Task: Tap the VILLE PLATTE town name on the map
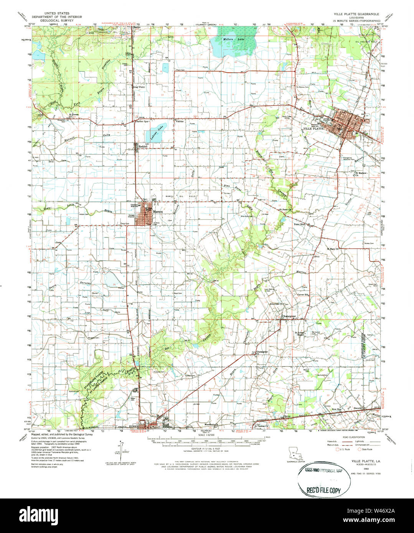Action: click(x=314, y=128)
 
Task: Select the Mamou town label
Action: click(x=158, y=212)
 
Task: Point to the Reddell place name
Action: click(x=143, y=146)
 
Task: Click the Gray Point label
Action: click(x=139, y=87)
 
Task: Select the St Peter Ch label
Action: click(x=285, y=210)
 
